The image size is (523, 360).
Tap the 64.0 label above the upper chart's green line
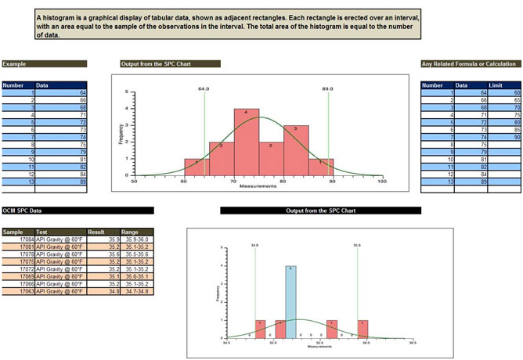(x=204, y=89)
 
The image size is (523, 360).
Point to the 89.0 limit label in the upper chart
(x=327, y=89)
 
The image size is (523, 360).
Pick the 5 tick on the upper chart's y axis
(x=127, y=92)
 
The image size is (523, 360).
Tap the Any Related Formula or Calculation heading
(x=468, y=63)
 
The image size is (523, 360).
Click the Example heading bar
(x=44, y=63)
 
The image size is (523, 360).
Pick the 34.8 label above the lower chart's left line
(x=254, y=245)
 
